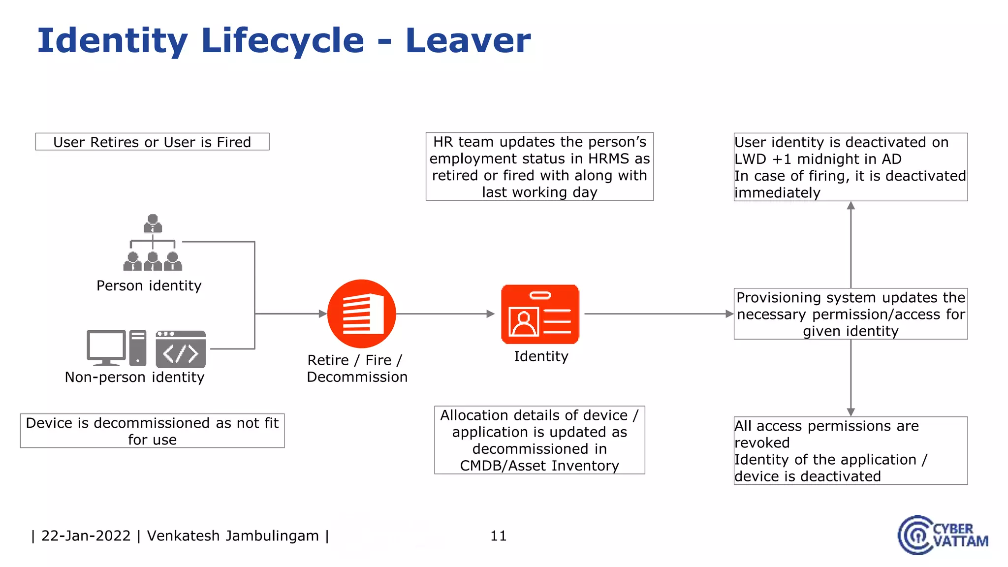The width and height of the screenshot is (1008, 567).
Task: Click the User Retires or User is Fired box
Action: (x=152, y=142)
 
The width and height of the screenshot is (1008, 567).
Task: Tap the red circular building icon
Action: (x=362, y=314)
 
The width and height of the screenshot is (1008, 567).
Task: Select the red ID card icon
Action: (x=540, y=314)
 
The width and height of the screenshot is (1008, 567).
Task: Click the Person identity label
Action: (x=149, y=285)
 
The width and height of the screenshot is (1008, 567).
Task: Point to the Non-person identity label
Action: (x=134, y=377)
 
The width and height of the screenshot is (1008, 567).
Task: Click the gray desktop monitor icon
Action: (x=106, y=347)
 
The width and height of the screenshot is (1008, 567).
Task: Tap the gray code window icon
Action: (x=181, y=349)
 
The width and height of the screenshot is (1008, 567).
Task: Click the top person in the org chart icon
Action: (x=153, y=223)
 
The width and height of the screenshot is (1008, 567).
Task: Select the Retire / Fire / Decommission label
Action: (x=357, y=368)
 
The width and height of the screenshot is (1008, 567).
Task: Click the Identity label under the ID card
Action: (x=541, y=356)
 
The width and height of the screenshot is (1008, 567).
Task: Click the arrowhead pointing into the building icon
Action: (x=323, y=314)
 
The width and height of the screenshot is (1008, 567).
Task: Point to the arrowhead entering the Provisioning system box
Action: (x=729, y=314)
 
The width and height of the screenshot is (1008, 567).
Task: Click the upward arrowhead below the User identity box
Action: (x=850, y=206)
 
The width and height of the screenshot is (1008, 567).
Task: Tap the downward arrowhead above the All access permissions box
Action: (x=850, y=412)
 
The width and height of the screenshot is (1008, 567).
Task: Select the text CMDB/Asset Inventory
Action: (x=539, y=466)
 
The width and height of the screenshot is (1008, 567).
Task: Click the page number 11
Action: (x=498, y=535)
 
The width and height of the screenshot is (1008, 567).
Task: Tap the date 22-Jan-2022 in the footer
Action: (x=86, y=535)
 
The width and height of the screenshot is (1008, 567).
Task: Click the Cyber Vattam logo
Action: (x=942, y=535)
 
